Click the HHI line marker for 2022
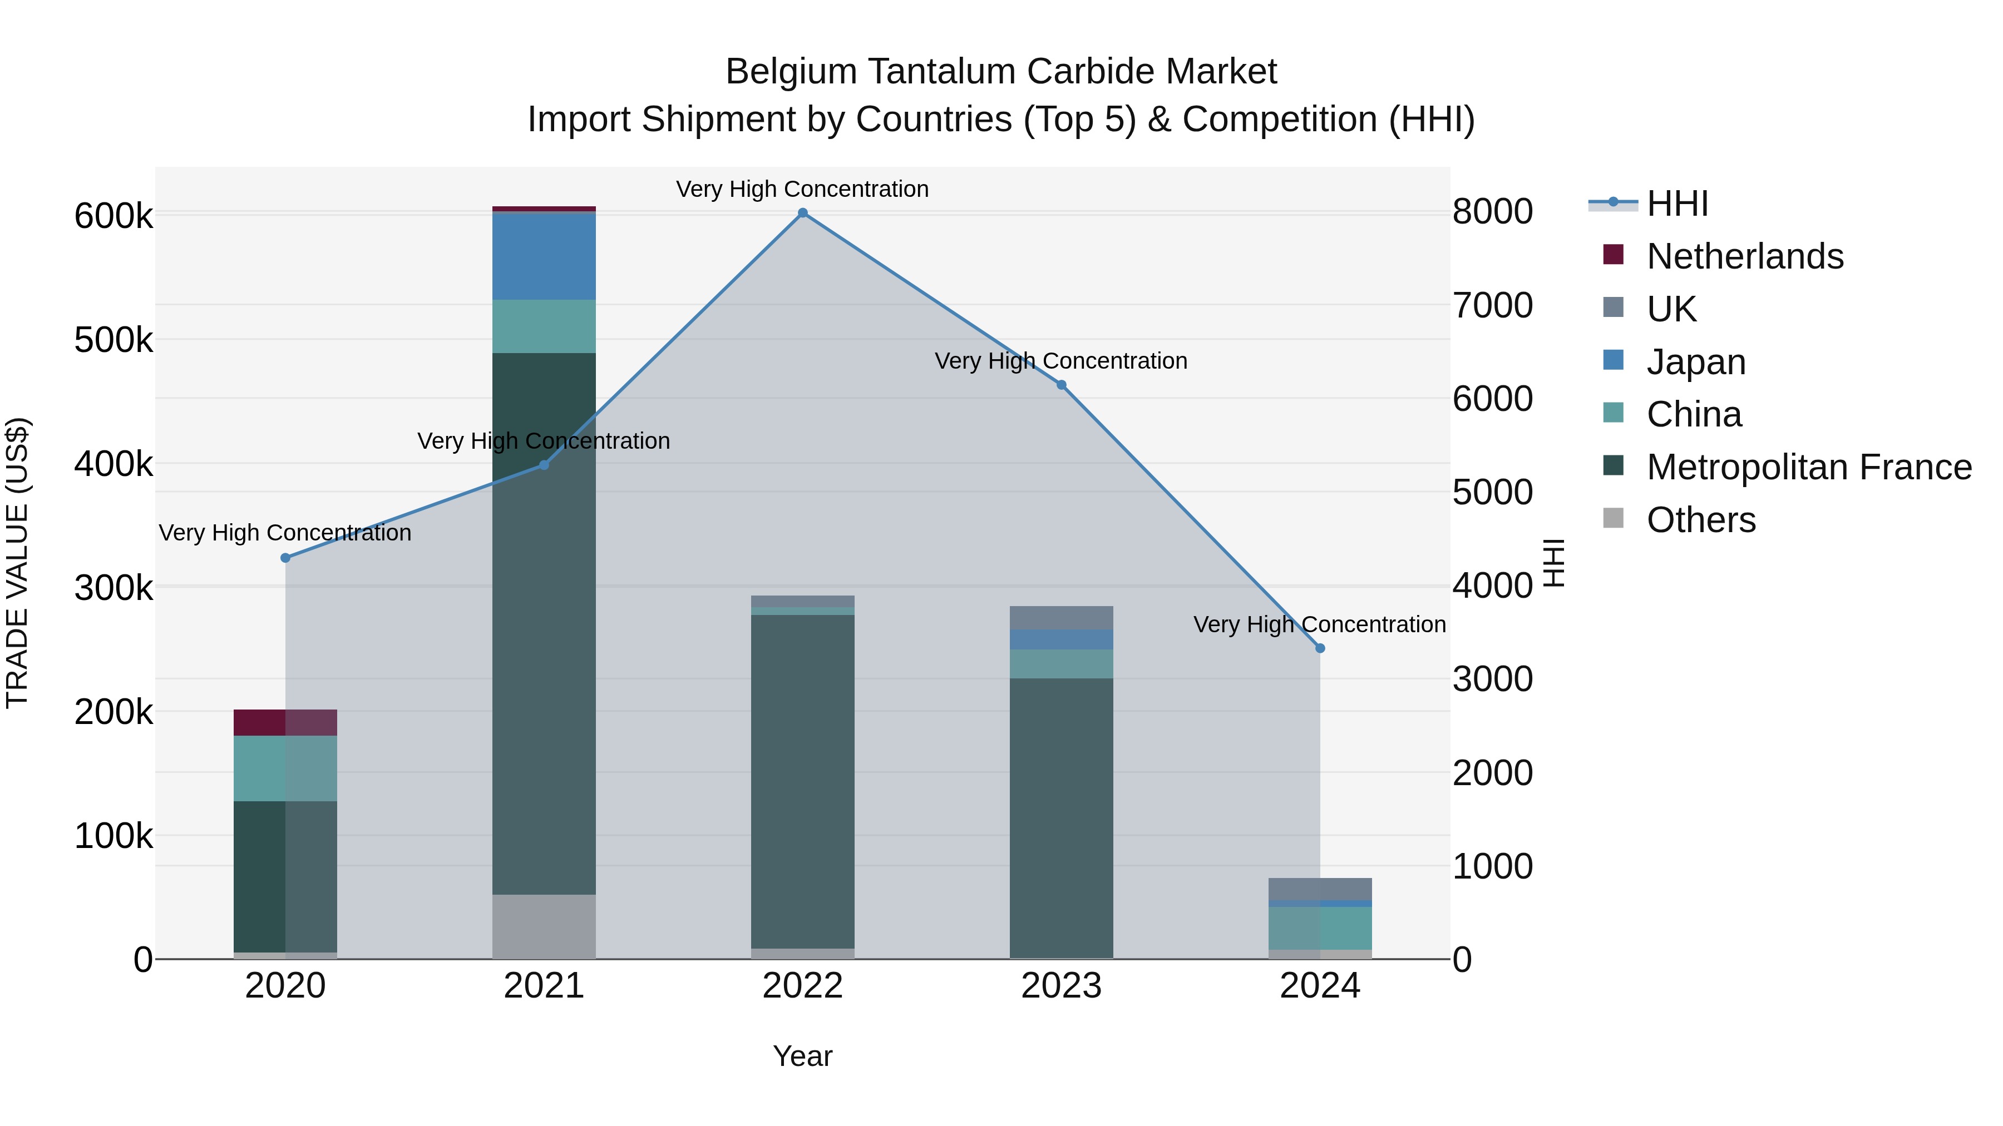click(802, 213)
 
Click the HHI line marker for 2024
click(1320, 648)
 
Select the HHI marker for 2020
click(285, 558)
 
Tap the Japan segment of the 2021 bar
click(544, 256)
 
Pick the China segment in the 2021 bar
click(544, 326)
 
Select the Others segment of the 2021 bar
click(544, 926)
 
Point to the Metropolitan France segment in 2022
click(802, 781)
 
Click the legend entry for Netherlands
click(1744, 256)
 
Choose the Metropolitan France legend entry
click(1809, 467)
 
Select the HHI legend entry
click(1677, 204)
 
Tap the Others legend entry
click(1700, 520)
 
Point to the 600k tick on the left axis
click(114, 216)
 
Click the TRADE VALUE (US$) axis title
click(17, 563)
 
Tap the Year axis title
click(802, 1056)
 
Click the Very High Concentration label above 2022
click(802, 190)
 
